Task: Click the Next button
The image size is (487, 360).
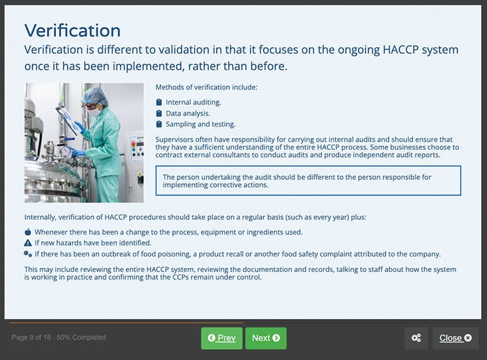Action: coord(265,338)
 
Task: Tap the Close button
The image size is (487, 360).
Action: coord(455,338)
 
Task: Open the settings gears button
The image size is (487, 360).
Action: coord(416,338)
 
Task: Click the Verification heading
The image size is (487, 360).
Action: coord(72,30)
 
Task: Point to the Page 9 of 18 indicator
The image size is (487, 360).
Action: coord(31,337)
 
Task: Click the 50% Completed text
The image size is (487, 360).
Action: coord(81,337)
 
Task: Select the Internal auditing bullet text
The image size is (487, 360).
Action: coord(193,102)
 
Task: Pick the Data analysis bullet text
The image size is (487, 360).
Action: coord(188,113)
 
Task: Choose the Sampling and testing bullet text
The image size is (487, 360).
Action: coord(200,124)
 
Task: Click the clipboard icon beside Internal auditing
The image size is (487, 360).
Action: coord(159,102)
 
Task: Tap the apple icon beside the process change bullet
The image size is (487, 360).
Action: coord(28,232)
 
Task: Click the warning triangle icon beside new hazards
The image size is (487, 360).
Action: coord(28,243)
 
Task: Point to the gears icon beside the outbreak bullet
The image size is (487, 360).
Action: coord(28,254)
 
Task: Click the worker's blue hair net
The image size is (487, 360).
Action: coord(94,95)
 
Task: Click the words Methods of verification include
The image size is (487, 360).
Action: coord(206,87)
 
